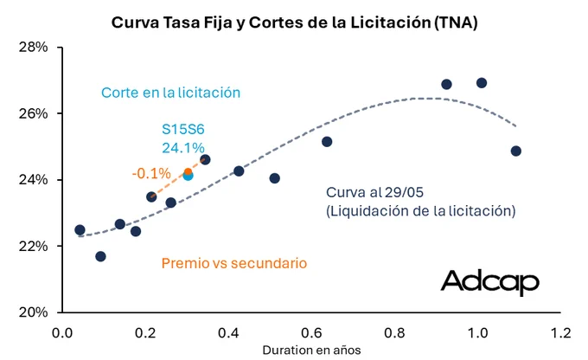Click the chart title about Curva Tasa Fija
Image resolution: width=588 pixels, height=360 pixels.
[294, 22]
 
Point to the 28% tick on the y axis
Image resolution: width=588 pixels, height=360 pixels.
[34, 48]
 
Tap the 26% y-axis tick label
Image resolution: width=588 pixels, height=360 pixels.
[34, 113]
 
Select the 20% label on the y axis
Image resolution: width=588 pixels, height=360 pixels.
[34, 312]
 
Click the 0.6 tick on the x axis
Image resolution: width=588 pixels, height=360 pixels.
[311, 332]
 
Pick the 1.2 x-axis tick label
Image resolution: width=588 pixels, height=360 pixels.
[560, 332]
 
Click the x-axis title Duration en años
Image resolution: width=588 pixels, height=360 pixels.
[311, 350]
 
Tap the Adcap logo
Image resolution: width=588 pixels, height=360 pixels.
[489, 282]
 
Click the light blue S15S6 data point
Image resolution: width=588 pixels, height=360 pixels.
[189, 176]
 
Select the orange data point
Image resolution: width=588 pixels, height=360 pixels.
[188, 172]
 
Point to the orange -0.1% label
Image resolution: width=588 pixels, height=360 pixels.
[151, 173]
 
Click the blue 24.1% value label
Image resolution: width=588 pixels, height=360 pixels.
[183, 148]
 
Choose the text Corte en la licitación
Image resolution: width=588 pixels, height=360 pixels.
[170, 93]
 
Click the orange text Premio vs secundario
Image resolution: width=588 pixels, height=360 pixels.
[234, 263]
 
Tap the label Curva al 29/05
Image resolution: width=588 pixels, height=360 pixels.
[374, 192]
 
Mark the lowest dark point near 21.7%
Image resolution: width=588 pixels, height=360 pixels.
[100, 256]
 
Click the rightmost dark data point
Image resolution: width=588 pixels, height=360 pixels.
[516, 151]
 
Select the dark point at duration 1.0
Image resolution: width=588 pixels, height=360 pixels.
[482, 82]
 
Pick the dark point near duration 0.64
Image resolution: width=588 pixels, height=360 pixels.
[327, 142]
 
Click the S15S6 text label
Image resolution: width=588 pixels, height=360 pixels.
[183, 129]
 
